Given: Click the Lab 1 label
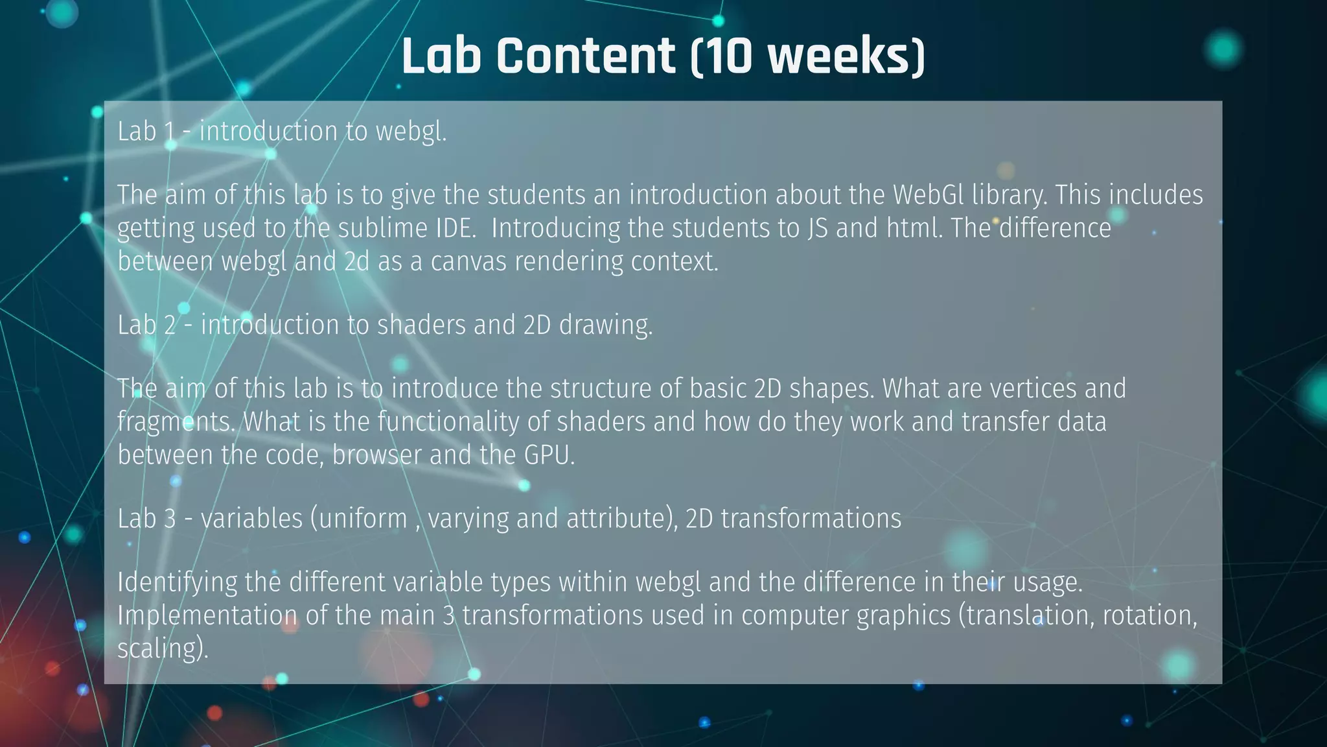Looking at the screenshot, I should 146,132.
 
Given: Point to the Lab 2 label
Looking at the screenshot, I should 146,325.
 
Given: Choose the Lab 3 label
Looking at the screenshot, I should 146,519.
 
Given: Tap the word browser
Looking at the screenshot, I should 376,455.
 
